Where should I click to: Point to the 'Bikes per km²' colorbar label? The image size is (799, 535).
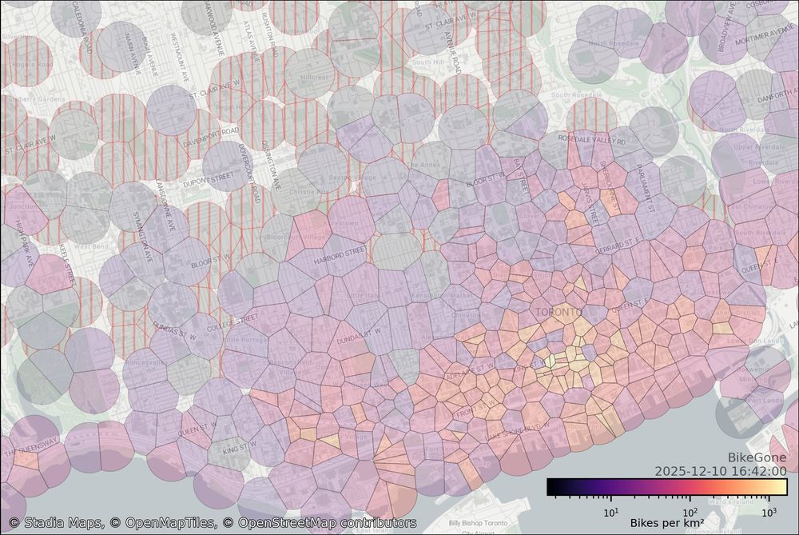click(667, 522)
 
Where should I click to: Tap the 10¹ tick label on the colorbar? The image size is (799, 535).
click(610, 512)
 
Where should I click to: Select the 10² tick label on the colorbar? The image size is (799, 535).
click(690, 512)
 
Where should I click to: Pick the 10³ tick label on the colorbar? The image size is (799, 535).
click(769, 512)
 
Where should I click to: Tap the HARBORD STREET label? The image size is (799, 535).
click(339, 254)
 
